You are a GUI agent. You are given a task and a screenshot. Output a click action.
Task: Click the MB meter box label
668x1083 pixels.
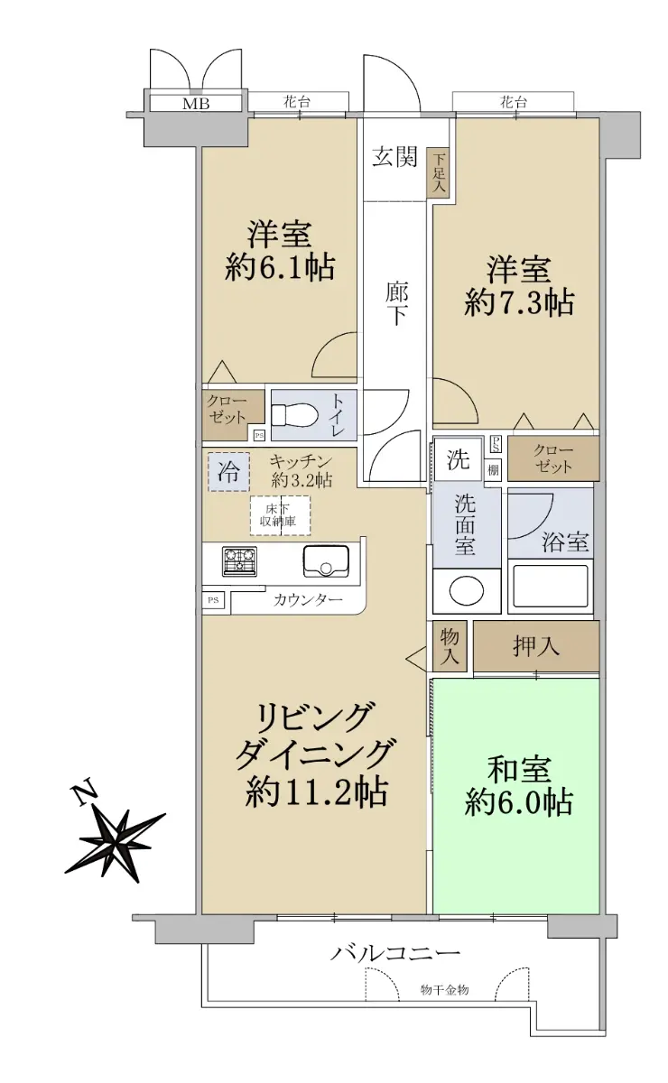pyautogui.click(x=196, y=104)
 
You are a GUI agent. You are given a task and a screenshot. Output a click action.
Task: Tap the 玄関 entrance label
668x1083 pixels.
pyautogui.click(x=394, y=157)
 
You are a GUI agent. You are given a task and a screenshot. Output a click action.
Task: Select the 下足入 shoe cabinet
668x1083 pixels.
pyautogui.click(x=438, y=172)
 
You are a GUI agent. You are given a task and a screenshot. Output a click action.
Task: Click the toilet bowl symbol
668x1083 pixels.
pyautogui.click(x=293, y=415)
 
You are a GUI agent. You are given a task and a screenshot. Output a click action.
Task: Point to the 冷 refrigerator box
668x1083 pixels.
pyautogui.click(x=228, y=472)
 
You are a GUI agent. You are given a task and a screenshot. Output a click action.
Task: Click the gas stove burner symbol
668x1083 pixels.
pyautogui.click(x=239, y=561)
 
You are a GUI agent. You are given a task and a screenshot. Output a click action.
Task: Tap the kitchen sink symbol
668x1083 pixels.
pyautogui.click(x=326, y=561)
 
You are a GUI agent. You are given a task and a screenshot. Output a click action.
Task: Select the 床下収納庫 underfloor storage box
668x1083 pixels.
pyautogui.click(x=281, y=515)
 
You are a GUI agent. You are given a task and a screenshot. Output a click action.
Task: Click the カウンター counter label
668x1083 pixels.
pyautogui.click(x=308, y=600)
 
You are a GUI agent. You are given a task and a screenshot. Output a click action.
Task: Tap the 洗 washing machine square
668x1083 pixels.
pyautogui.click(x=458, y=458)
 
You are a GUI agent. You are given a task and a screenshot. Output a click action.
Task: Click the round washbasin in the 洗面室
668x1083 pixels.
pyautogui.click(x=467, y=591)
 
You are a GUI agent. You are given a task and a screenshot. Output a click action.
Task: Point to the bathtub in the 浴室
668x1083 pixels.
pyautogui.click(x=551, y=587)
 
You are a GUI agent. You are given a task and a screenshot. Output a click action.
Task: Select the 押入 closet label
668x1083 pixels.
pyautogui.click(x=536, y=646)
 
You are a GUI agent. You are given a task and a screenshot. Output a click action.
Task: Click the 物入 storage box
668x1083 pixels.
pyautogui.click(x=450, y=646)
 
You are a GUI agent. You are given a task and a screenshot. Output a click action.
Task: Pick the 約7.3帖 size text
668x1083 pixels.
pyautogui.click(x=519, y=303)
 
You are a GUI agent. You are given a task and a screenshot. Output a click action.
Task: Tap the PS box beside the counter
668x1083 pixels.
pyautogui.click(x=213, y=600)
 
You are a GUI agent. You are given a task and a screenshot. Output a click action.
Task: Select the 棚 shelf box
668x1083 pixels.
pyautogui.click(x=493, y=470)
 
